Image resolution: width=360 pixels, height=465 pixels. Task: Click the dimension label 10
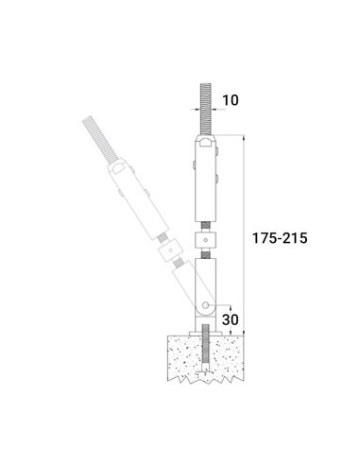click(231, 100)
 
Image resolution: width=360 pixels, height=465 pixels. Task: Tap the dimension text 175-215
click(280, 238)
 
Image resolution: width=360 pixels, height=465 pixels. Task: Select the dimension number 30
click(231, 319)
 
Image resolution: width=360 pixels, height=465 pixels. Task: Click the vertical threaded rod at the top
click(206, 109)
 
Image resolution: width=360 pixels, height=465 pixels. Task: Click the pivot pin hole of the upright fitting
click(205, 305)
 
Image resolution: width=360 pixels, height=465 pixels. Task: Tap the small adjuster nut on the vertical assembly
click(206, 240)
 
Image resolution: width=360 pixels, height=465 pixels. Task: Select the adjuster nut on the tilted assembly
click(170, 250)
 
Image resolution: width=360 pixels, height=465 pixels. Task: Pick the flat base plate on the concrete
click(206, 333)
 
